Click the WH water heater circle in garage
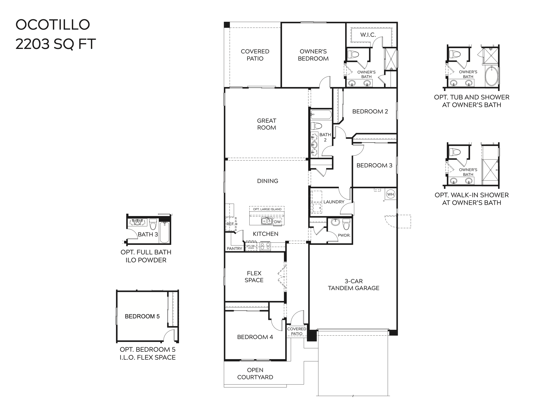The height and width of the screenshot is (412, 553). point(390,194)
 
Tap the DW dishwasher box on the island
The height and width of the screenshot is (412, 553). point(277,222)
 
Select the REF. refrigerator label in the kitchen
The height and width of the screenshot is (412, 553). point(230,224)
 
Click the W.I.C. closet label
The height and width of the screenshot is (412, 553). point(368,35)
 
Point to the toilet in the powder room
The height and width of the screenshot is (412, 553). point(346,224)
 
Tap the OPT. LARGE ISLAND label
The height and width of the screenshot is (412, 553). point(267,209)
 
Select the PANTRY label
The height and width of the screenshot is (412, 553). point(234,249)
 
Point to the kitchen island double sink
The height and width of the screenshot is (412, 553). point(267,221)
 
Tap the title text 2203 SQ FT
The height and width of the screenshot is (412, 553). point(55,44)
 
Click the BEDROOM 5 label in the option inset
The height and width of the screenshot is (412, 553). point(142,316)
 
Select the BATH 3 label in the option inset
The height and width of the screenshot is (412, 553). point(148,234)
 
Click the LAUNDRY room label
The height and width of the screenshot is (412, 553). point(334,202)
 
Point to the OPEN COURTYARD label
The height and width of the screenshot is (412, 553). point(255,374)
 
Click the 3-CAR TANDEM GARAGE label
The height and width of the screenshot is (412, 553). point(353,285)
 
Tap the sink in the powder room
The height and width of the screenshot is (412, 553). point(335,222)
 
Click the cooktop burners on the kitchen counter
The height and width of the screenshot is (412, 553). point(265,246)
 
